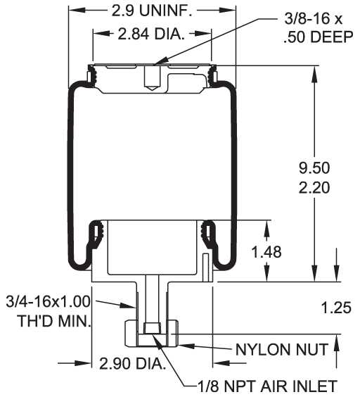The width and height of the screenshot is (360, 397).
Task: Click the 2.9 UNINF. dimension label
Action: point(152,11)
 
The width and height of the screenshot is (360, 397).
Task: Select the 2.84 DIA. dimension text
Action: point(151,34)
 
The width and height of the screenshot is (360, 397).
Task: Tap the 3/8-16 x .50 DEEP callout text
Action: point(318,28)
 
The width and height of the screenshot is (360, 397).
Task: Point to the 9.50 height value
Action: point(314,168)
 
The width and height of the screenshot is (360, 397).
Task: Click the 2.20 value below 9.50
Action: point(314,188)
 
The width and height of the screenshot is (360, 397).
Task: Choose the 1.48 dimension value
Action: point(266,252)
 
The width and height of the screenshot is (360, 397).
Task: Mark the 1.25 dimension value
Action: point(336,308)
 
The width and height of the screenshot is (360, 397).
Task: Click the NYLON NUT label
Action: point(282,350)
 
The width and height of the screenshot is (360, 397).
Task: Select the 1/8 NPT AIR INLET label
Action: point(267,386)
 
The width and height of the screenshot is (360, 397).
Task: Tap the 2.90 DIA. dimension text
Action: point(132,364)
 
